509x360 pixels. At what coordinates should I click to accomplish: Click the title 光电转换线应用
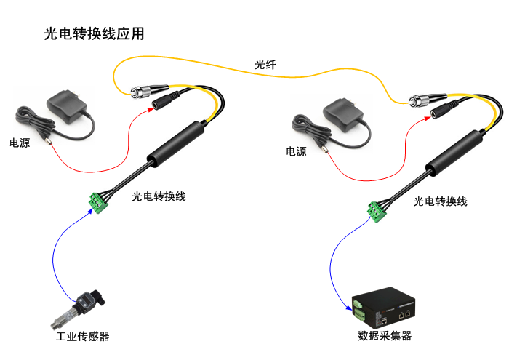coord(94,34)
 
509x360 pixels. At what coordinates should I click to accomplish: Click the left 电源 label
coord(20,143)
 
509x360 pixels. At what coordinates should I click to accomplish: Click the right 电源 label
coord(296,152)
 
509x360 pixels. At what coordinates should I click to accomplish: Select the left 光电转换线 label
coord(159,196)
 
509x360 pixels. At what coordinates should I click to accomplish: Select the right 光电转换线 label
coord(440,201)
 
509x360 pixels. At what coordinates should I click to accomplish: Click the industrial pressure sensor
coord(82,308)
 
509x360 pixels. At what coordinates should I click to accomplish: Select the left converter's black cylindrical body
coord(174,143)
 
